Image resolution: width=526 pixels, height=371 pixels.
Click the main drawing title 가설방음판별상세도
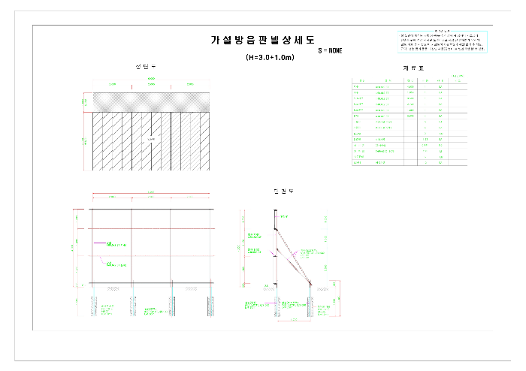[263, 41]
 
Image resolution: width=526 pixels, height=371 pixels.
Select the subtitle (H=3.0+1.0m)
[270, 57]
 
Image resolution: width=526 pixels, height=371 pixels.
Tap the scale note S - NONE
[330, 51]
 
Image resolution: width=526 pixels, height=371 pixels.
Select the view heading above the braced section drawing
[284, 192]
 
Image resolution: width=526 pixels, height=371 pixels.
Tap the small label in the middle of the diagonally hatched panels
[151, 140]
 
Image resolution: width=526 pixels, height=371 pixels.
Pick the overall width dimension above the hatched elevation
[151, 78]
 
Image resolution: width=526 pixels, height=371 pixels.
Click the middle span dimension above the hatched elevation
[151, 84]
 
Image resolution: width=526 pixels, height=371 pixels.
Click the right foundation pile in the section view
[311, 303]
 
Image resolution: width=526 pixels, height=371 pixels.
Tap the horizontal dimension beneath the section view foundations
[295, 320]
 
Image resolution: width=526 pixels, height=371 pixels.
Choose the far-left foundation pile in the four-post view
[93, 304]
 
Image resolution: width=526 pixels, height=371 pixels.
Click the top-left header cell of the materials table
[361, 80]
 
